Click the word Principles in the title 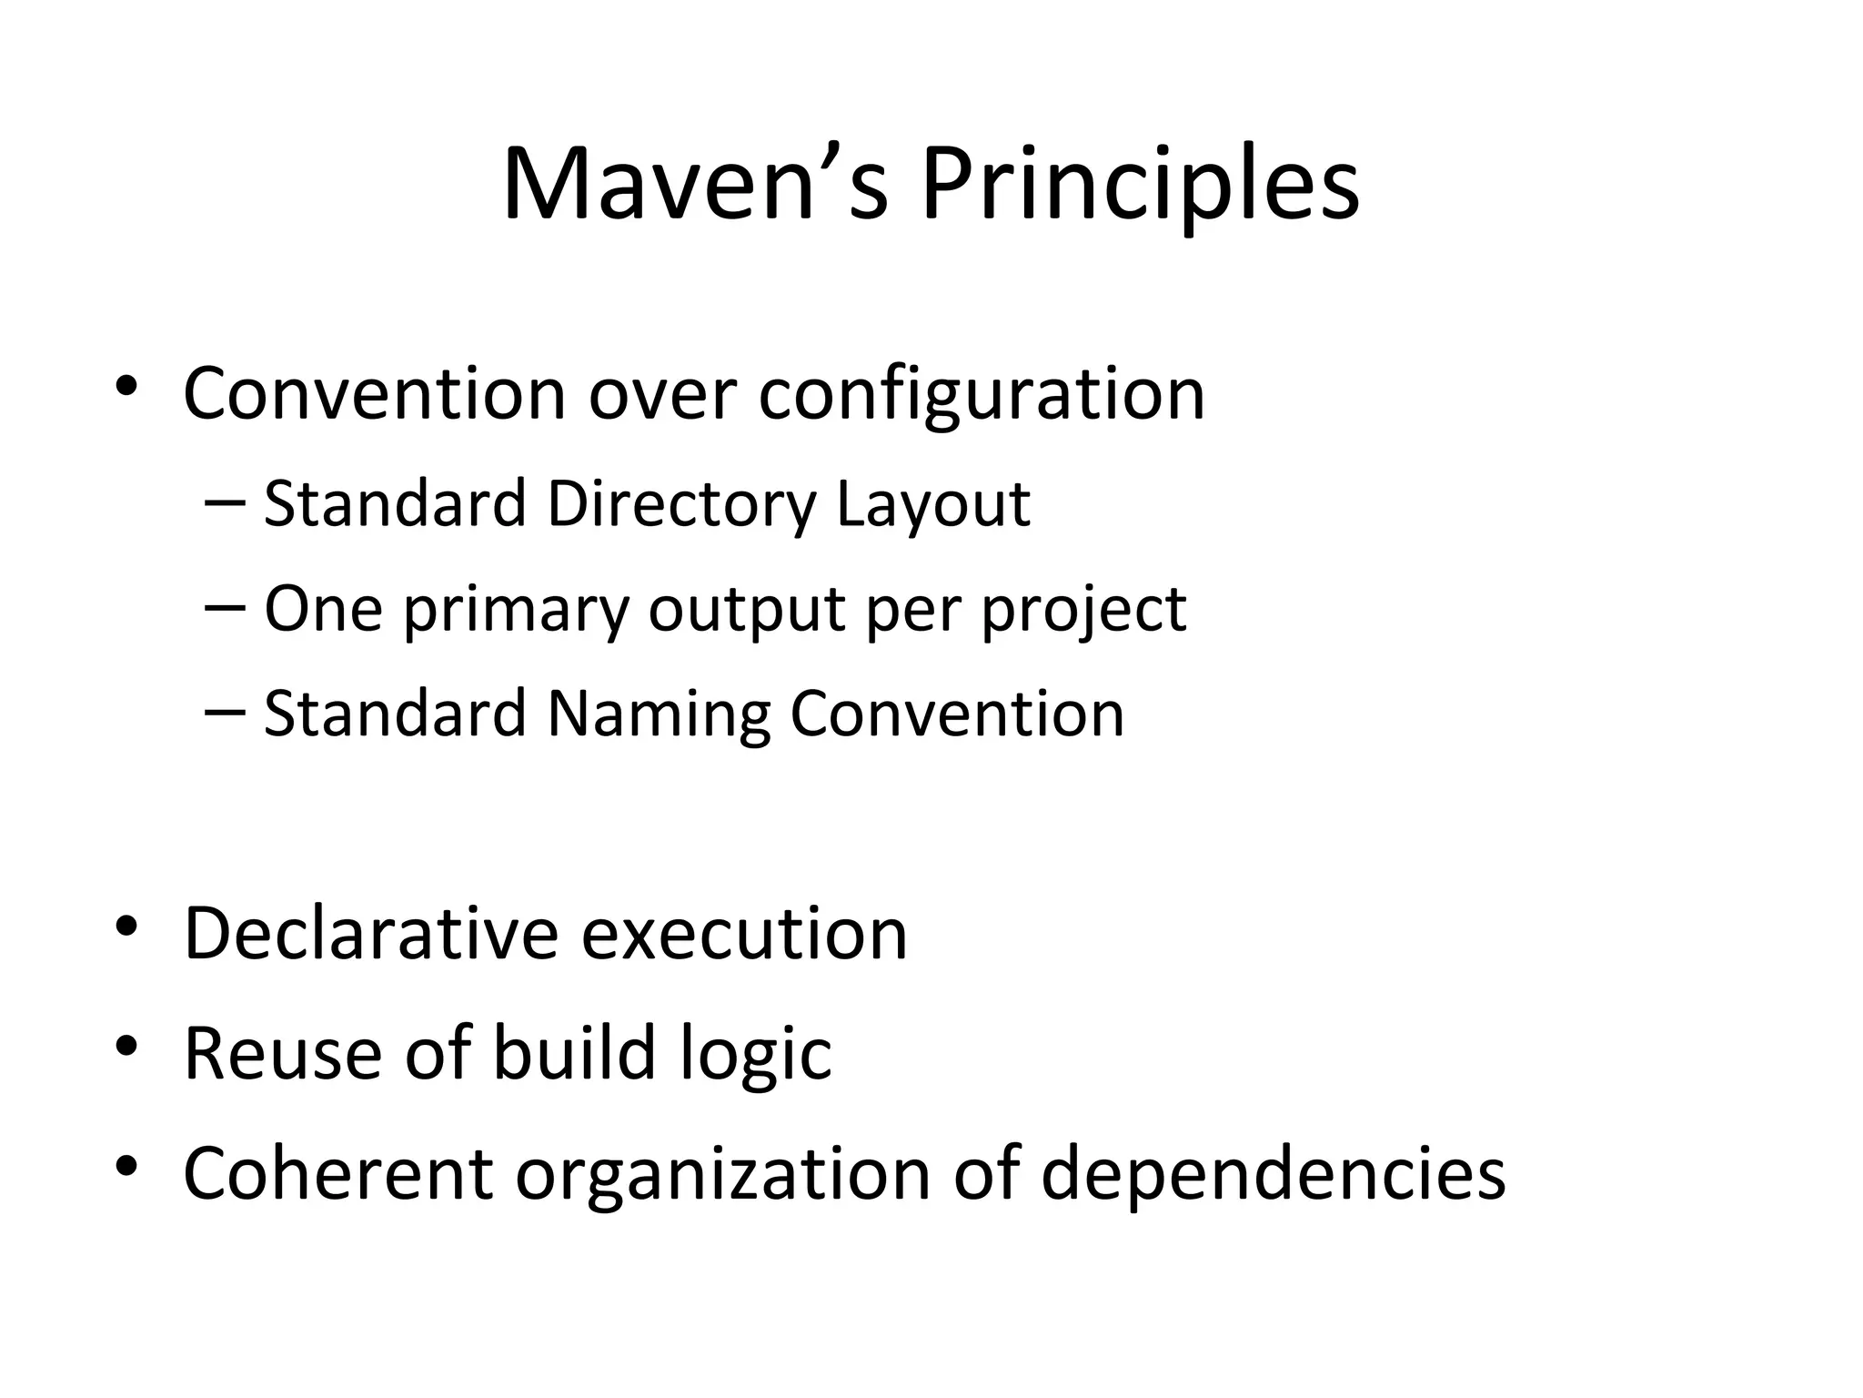click(1140, 184)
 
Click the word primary click(516, 610)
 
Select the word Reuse click(283, 1054)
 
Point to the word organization click(723, 1176)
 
